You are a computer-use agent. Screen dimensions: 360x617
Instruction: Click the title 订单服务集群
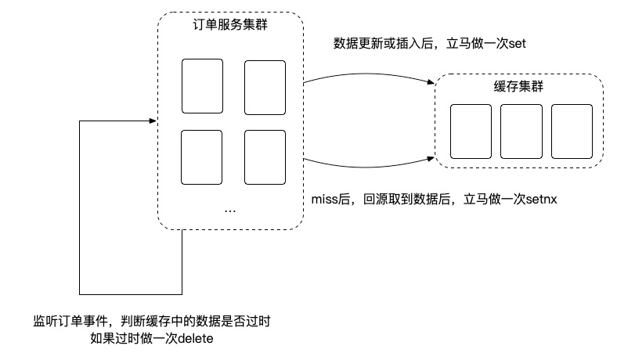pyautogui.click(x=229, y=24)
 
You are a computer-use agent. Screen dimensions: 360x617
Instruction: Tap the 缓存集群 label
pyautogui.click(x=520, y=88)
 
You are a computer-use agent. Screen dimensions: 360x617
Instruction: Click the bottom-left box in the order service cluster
pyautogui.click(x=203, y=157)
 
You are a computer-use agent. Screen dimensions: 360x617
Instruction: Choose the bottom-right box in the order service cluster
pyautogui.click(x=265, y=157)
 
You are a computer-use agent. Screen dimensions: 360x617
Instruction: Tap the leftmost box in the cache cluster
pyautogui.click(x=471, y=131)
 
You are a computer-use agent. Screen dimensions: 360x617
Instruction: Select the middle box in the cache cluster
pyautogui.click(x=521, y=131)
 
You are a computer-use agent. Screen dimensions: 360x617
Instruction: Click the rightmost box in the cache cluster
pyautogui.click(x=571, y=131)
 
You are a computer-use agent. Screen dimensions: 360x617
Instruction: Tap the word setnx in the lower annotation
pyautogui.click(x=539, y=200)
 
